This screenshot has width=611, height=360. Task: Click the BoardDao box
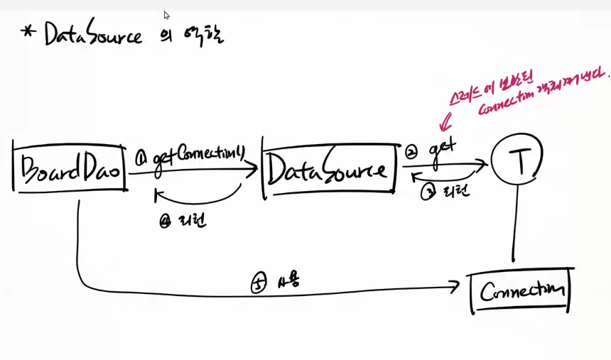[69, 168]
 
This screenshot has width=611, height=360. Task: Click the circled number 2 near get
[413, 152]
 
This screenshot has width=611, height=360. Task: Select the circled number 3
[428, 192]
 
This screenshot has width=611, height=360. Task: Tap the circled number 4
[166, 221]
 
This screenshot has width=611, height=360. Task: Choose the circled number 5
[258, 283]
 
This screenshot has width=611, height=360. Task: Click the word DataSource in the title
[92, 33]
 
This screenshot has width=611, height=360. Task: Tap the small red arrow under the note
[446, 125]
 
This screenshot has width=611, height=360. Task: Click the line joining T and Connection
[513, 227]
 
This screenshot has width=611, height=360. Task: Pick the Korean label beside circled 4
[193, 221]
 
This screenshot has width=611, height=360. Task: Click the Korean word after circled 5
[290, 280]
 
